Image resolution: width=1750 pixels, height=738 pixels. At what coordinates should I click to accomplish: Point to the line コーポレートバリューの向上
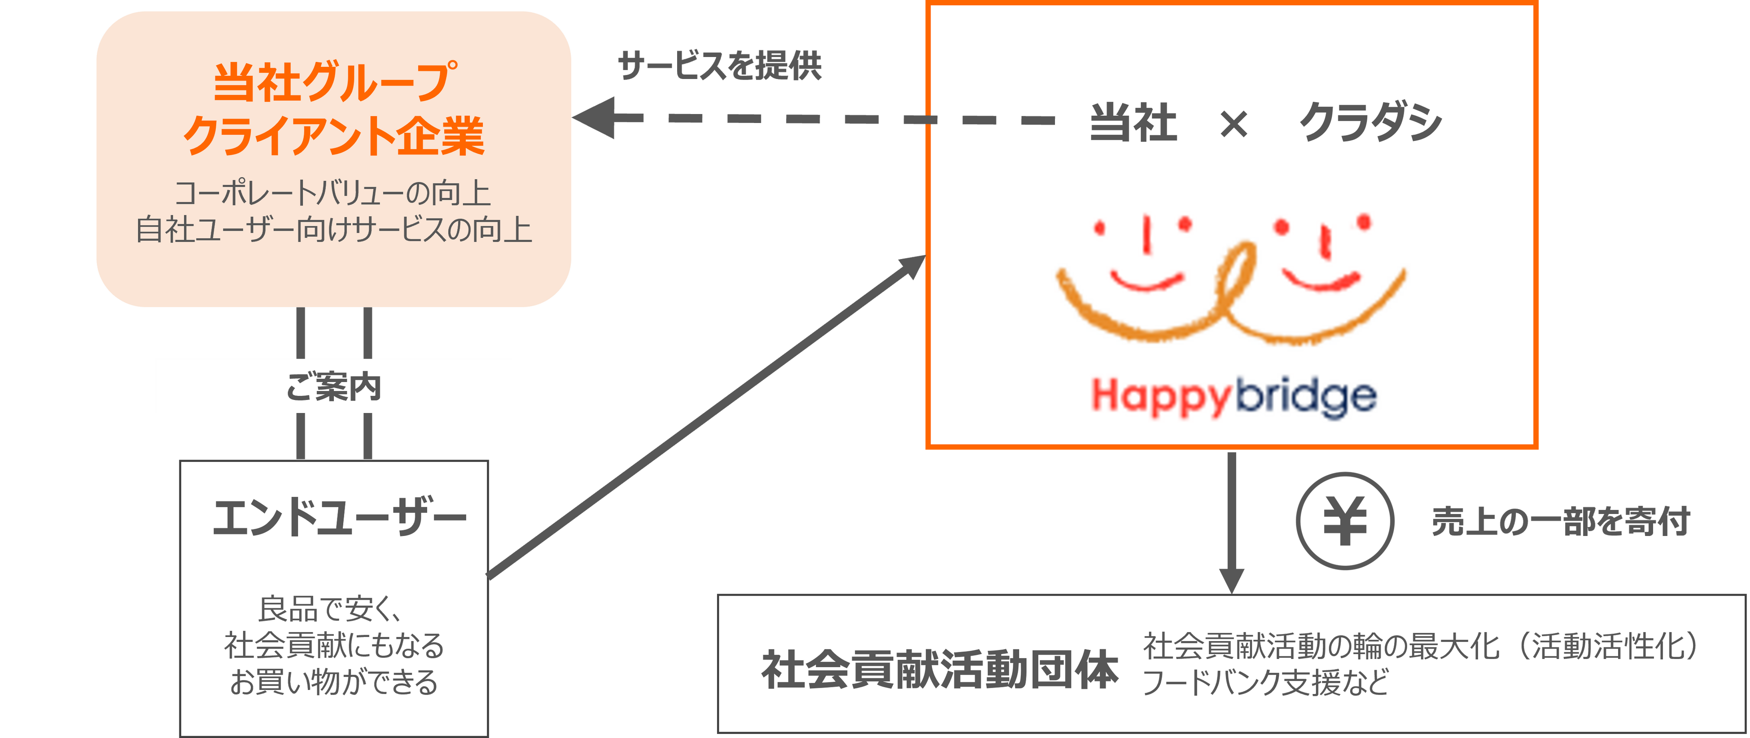pyautogui.click(x=333, y=193)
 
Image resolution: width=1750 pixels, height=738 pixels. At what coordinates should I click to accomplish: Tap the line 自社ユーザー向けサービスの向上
pyautogui.click(x=333, y=230)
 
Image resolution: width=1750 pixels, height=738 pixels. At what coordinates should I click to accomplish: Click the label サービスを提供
pyautogui.click(x=720, y=66)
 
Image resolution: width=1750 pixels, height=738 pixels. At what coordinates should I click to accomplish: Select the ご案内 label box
pyautogui.click(x=333, y=386)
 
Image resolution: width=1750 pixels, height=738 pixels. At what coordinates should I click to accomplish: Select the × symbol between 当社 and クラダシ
pyautogui.click(x=1233, y=124)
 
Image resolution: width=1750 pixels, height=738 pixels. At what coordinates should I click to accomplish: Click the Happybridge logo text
pyautogui.click(x=1233, y=397)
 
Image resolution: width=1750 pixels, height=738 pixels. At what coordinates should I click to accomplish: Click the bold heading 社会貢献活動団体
pyautogui.click(x=940, y=669)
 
